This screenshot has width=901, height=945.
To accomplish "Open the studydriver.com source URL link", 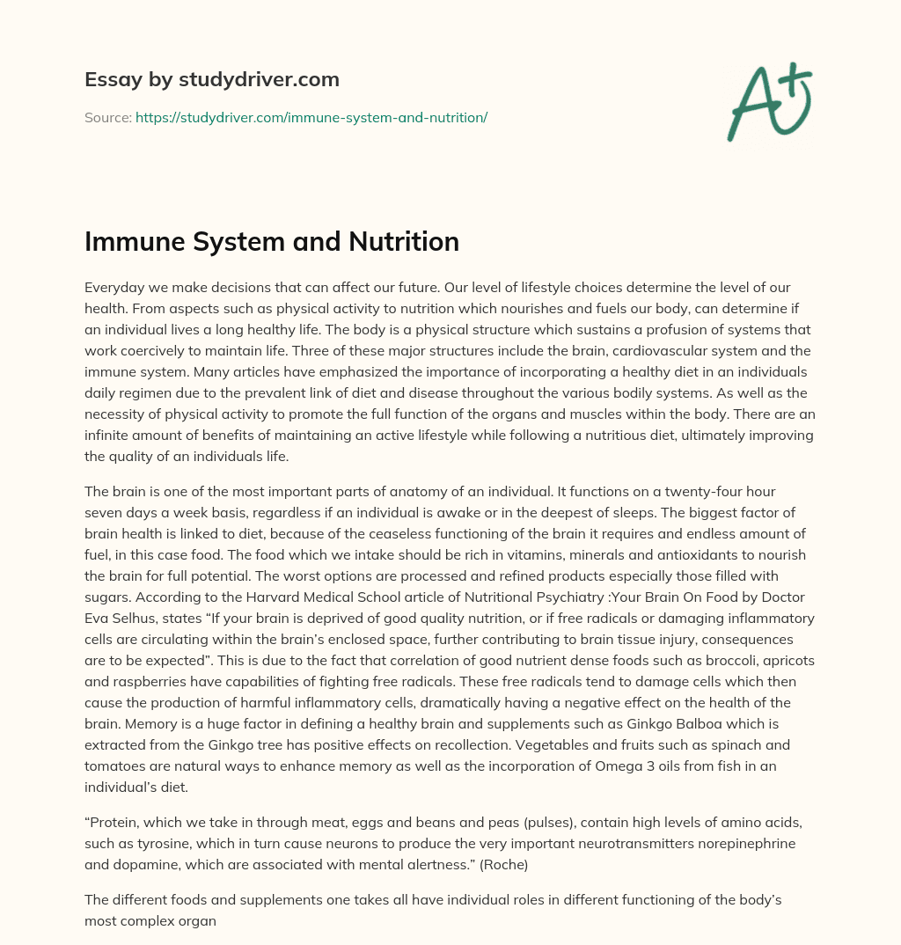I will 311,117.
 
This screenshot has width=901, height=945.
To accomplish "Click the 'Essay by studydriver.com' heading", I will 211,80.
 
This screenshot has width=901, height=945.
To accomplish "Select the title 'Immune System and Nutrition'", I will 272,242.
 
